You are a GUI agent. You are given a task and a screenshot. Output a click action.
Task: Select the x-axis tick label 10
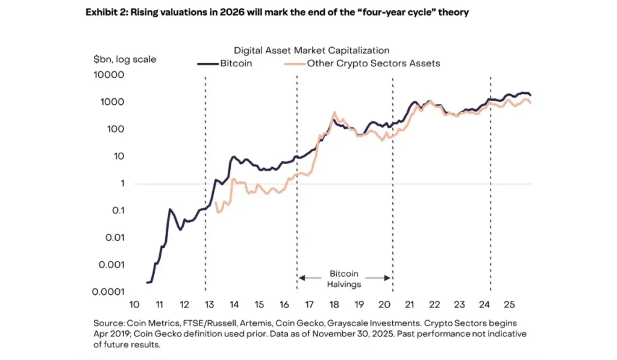pos(134,304)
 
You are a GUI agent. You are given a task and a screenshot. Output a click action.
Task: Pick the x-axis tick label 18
pos(334,304)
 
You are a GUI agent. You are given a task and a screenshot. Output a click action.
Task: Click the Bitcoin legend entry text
pos(237,63)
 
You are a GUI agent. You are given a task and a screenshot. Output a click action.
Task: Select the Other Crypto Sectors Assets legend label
pos(374,63)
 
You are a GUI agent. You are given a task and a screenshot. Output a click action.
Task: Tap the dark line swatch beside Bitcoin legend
pos(208,63)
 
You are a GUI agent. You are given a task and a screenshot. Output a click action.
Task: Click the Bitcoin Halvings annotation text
pos(345,279)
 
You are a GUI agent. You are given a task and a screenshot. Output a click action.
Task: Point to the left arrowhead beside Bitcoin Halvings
pos(302,278)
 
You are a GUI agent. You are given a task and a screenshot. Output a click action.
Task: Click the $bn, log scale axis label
pos(125,59)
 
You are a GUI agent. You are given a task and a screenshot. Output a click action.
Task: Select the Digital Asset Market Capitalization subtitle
pos(311,50)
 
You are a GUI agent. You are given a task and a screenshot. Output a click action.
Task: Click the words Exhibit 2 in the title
pos(106,13)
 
